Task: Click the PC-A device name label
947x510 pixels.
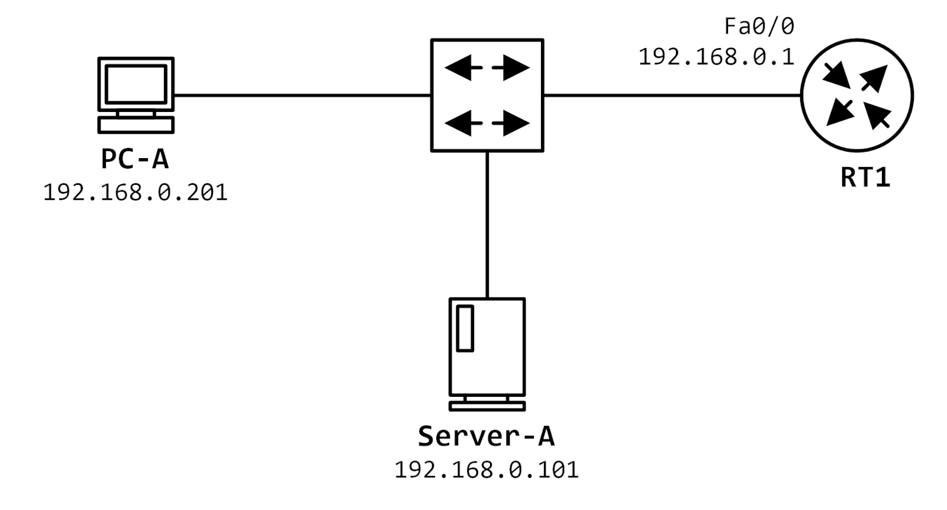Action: coord(135,159)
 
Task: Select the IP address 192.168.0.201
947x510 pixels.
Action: coord(136,193)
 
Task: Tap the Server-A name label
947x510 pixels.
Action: coord(486,437)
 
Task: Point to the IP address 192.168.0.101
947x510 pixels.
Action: coord(486,470)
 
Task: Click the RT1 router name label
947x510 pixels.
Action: coord(865,178)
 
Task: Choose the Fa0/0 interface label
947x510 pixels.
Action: coord(759,26)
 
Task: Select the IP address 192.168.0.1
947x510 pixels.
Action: coord(716,57)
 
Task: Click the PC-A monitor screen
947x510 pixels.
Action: coord(136,84)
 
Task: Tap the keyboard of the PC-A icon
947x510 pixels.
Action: coord(136,125)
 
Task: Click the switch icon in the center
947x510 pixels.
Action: coord(487,95)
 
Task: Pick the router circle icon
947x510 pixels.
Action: coord(856,95)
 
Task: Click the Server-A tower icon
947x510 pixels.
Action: coord(487,347)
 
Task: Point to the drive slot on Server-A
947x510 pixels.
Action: coord(465,328)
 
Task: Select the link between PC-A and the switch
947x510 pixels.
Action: coord(302,95)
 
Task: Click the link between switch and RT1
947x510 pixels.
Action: coord(672,95)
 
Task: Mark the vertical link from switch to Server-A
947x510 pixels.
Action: coord(487,225)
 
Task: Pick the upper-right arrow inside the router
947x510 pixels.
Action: coord(875,77)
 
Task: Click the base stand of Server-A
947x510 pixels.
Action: coord(487,406)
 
